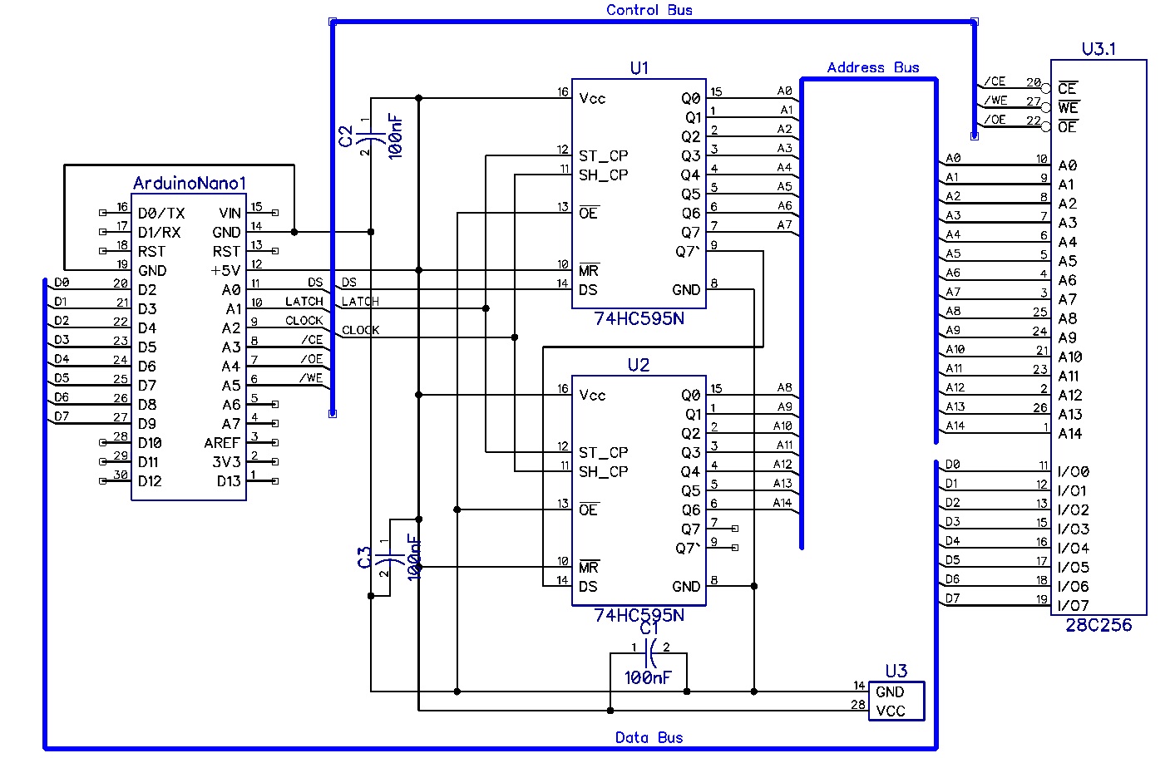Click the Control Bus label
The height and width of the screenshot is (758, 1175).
pyautogui.click(x=649, y=10)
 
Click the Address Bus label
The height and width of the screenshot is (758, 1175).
pyautogui.click(x=872, y=67)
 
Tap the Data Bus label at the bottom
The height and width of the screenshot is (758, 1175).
pyautogui.click(x=649, y=737)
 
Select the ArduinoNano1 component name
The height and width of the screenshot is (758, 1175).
pyautogui.click(x=190, y=183)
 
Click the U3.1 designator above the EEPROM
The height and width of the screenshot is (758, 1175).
pyautogui.click(x=1098, y=49)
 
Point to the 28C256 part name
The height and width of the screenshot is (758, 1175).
pyautogui.click(x=1098, y=626)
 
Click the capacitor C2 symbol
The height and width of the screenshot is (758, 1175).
pyautogui.click(x=371, y=135)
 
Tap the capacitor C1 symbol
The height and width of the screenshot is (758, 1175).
pyautogui.click(x=650, y=653)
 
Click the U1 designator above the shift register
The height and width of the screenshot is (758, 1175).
pyautogui.click(x=639, y=68)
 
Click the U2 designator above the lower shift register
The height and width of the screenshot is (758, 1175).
pyautogui.click(x=638, y=365)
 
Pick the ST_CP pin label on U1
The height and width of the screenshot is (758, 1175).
pyautogui.click(x=603, y=155)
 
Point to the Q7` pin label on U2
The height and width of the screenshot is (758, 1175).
pyautogui.click(x=688, y=549)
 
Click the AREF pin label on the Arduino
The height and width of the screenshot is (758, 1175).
pyautogui.click(x=221, y=443)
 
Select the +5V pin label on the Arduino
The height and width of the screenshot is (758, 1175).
pyautogui.click(x=225, y=271)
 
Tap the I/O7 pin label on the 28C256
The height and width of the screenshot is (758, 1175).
pyautogui.click(x=1073, y=606)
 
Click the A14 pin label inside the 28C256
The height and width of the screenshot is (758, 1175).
pyautogui.click(x=1069, y=434)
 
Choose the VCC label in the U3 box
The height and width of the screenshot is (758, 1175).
pyautogui.click(x=890, y=711)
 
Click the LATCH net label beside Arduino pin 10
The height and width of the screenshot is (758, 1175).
pyautogui.click(x=304, y=302)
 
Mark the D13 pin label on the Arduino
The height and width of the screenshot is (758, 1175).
pyautogui.click(x=229, y=481)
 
